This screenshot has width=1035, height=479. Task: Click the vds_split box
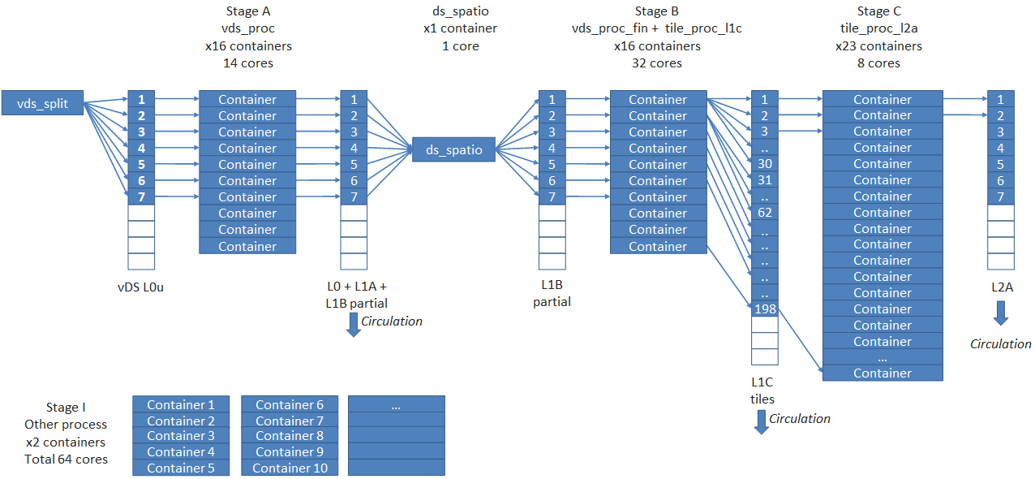[43, 103]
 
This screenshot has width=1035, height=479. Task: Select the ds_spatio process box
[453, 149]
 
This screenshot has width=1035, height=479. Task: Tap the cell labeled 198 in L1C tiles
[764, 309]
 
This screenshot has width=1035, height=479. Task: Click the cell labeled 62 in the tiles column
[764, 212]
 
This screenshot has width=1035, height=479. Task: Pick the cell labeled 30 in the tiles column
[764, 163]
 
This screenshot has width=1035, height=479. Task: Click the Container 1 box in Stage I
[180, 404]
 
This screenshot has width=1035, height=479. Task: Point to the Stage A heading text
[248, 11]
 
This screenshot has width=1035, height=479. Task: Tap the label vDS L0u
[140, 287]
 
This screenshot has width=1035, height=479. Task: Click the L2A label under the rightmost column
[1000, 287]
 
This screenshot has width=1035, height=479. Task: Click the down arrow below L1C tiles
[761, 421]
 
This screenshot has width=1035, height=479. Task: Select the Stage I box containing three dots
[396, 404]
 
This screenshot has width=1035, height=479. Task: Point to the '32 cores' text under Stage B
[657, 63]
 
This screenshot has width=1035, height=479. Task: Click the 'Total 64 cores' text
[66, 459]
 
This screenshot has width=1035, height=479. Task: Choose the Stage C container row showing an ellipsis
[883, 357]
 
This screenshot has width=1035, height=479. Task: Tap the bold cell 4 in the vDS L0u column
[141, 148]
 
